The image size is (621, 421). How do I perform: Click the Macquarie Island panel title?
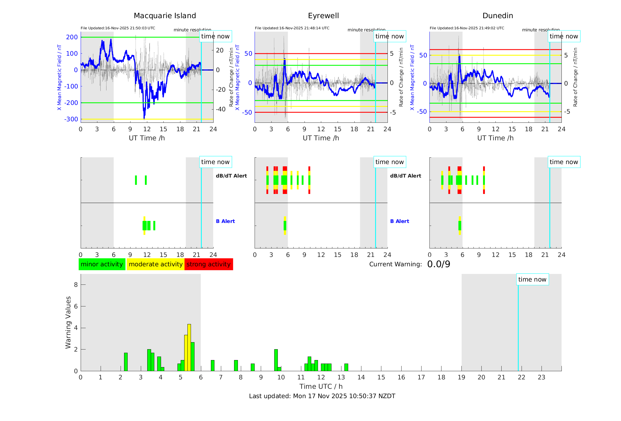pyautogui.click(x=165, y=16)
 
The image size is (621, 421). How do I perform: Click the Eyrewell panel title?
pyautogui.click(x=323, y=16)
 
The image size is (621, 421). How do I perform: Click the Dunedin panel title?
pyautogui.click(x=498, y=16)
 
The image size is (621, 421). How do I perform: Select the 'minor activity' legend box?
pyautogui.click(x=102, y=264)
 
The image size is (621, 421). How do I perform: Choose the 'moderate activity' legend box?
pyautogui.click(x=155, y=264)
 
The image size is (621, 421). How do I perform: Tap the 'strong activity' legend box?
pyautogui.click(x=209, y=264)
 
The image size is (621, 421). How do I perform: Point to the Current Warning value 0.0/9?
pyautogui.click(x=439, y=264)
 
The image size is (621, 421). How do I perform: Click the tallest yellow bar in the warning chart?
pyautogui.click(x=189, y=347)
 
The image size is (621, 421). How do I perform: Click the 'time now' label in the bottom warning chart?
pyautogui.click(x=532, y=279)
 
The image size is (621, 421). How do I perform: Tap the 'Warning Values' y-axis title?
pyautogui.click(x=68, y=322)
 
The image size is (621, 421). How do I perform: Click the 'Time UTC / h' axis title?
pyautogui.click(x=321, y=386)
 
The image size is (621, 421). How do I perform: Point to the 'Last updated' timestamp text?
pyautogui.click(x=322, y=396)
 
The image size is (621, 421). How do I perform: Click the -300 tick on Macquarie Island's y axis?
pyautogui.click(x=71, y=119)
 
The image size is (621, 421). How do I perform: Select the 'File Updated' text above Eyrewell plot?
pyautogui.click(x=292, y=28)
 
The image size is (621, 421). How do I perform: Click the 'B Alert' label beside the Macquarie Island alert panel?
pyautogui.click(x=225, y=221)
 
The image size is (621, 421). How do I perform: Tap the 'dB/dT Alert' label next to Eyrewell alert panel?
pyautogui.click(x=405, y=176)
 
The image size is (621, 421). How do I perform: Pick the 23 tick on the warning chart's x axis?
pyautogui.click(x=541, y=377)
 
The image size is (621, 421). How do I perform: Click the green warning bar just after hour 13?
pyautogui.click(x=346, y=367)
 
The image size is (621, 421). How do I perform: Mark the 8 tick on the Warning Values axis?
pyautogui.click(x=76, y=285)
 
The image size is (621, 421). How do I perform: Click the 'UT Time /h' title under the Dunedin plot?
pyautogui.click(x=495, y=138)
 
